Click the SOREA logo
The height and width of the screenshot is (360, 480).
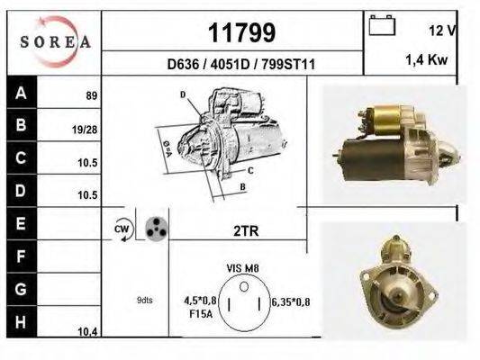coord(55,41)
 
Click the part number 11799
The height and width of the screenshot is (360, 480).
coord(242,32)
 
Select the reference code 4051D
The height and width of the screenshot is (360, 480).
coord(231,64)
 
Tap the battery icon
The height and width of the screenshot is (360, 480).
coord(382,25)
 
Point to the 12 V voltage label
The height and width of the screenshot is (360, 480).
coord(442,31)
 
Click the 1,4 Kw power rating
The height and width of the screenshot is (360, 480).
coord(427,60)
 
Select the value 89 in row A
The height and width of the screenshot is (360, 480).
coord(92,95)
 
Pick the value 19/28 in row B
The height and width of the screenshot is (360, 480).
coord(85,130)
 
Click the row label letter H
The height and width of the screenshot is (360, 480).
coord(21,322)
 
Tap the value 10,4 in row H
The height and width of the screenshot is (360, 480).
coord(87,331)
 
